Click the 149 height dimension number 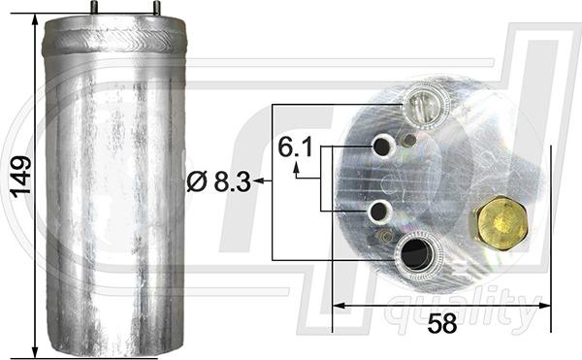[x=20, y=178]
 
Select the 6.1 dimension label [x=295, y=147]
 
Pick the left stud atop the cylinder [x=95, y=8]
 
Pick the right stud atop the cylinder [x=155, y=8]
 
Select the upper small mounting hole [x=382, y=147]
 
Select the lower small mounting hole [x=379, y=211]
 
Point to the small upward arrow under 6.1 [x=297, y=169]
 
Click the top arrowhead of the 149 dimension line [x=36, y=19]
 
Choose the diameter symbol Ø [x=194, y=180]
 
